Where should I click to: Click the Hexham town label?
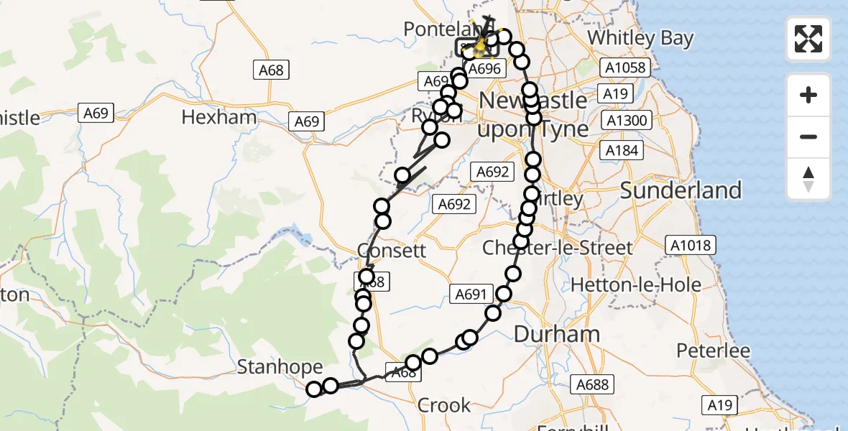219,117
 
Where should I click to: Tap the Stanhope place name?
280,368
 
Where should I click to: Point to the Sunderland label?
681,190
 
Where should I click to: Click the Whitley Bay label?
640,37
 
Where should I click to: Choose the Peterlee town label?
714,351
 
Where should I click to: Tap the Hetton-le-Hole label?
636,284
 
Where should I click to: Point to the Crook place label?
444,405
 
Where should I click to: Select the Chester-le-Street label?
558,248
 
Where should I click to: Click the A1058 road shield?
626,68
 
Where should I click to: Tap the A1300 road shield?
626,120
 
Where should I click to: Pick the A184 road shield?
622,150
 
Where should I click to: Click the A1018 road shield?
692,245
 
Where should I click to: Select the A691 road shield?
471,293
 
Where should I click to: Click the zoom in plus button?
808,95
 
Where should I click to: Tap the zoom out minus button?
808,136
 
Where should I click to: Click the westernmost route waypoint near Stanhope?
314,389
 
